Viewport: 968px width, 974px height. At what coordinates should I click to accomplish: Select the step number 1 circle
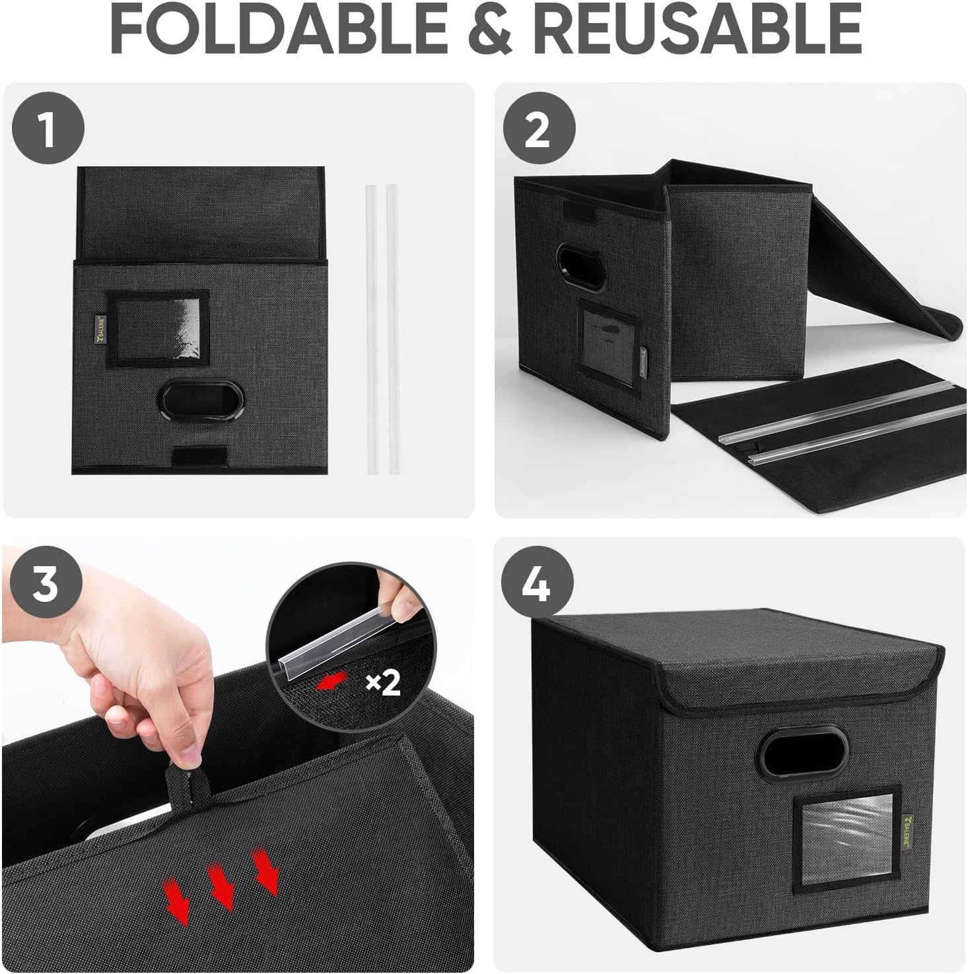[x=48, y=129]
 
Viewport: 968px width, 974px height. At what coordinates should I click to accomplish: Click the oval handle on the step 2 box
[x=581, y=267]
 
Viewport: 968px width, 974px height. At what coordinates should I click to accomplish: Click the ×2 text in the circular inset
[x=383, y=684]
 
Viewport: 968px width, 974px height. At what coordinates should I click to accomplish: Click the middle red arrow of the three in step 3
[x=222, y=888]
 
